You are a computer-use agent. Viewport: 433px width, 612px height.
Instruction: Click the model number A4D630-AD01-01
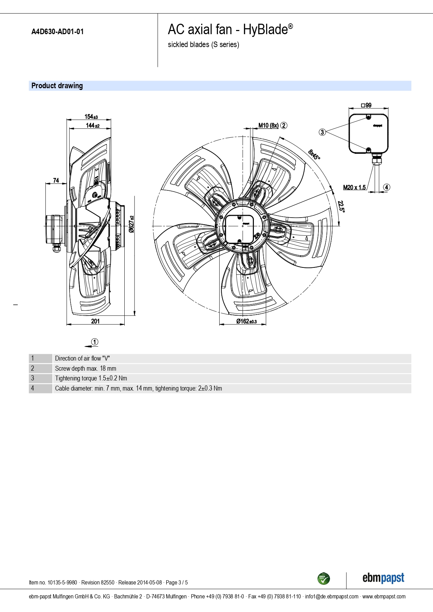click(58, 32)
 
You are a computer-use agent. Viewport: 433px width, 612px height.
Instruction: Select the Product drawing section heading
click(57, 86)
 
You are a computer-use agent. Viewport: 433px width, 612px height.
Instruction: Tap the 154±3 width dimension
click(91, 117)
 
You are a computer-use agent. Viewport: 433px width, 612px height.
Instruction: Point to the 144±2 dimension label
click(93, 126)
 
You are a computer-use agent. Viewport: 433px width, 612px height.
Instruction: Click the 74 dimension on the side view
click(56, 180)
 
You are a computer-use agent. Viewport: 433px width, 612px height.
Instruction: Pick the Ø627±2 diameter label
click(131, 224)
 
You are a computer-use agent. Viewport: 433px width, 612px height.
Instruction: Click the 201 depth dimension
click(95, 321)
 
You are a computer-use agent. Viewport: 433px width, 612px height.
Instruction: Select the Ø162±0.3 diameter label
click(246, 321)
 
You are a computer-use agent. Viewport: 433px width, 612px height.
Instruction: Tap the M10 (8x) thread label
click(269, 126)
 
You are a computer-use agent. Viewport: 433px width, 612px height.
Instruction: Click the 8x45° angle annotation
click(314, 154)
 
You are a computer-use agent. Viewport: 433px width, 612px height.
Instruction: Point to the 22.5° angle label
click(341, 206)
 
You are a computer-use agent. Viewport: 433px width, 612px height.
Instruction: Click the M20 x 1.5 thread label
click(354, 188)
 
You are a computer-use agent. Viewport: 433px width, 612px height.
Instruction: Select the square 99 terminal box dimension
click(366, 105)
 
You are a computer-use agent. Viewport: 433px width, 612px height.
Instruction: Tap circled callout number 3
click(322, 132)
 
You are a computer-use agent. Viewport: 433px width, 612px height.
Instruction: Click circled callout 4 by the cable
click(386, 187)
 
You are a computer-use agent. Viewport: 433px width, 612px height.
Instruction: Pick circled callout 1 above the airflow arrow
click(95, 342)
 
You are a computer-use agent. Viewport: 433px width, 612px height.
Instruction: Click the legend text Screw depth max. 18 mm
click(86, 369)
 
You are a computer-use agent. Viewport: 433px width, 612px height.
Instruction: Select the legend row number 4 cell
click(41, 388)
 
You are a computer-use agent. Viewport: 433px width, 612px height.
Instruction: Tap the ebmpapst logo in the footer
click(383, 578)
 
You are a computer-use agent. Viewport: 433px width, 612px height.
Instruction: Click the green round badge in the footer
click(324, 579)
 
